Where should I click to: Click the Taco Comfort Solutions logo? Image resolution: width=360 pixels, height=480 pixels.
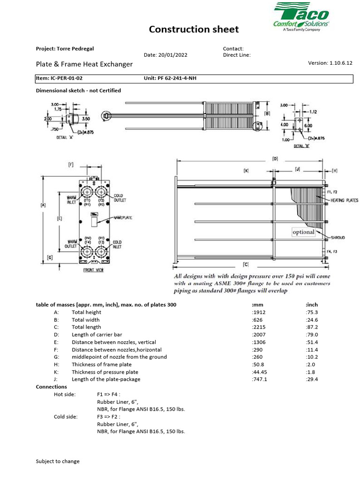pos(300,18)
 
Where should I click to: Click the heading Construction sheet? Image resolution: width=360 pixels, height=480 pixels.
pos(194,30)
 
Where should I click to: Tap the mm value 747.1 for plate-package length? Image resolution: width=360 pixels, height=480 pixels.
pos(260,380)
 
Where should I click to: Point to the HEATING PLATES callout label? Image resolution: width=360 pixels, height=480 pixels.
pos(345,201)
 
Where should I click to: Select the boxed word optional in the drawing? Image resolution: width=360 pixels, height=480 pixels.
pos(303,232)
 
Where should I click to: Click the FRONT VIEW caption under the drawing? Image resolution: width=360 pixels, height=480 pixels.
pos(94,270)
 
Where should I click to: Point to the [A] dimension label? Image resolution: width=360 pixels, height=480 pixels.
pos(44,205)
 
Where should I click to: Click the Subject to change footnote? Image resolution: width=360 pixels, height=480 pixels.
pos(58,461)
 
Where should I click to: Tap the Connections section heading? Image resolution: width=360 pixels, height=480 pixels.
pos(52,387)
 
